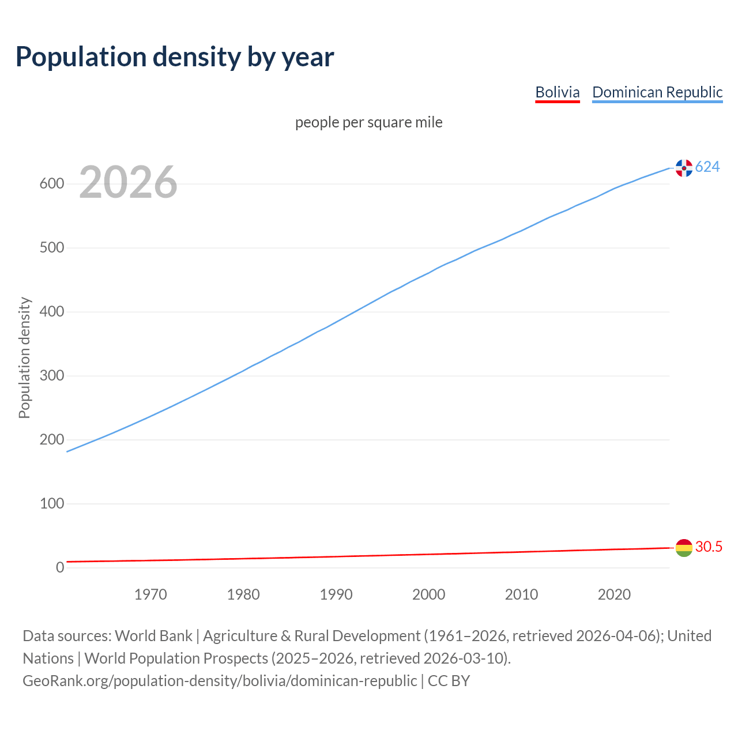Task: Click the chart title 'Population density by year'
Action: (x=175, y=57)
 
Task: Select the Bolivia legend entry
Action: (x=557, y=92)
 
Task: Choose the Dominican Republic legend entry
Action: (x=657, y=92)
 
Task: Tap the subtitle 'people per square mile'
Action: (x=368, y=122)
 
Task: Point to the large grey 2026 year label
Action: (x=128, y=182)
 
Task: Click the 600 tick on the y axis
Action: (x=51, y=184)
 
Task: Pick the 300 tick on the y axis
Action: (x=51, y=376)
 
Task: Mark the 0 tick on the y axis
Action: (x=60, y=567)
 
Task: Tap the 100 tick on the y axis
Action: (x=51, y=503)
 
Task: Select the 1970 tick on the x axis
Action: (x=150, y=594)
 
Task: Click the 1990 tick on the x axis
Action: (x=336, y=594)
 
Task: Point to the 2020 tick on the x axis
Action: (x=614, y=594)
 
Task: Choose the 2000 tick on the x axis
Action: (x=429, y=594)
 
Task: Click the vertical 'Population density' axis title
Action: (x=24, y=357)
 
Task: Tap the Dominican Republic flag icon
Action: (x=684, y=168)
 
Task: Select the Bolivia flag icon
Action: (x=684, y=548)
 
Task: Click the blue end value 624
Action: (x=707, y=167)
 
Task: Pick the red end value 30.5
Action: (x=709, y=547)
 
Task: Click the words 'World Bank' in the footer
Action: (x=153, y=636)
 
